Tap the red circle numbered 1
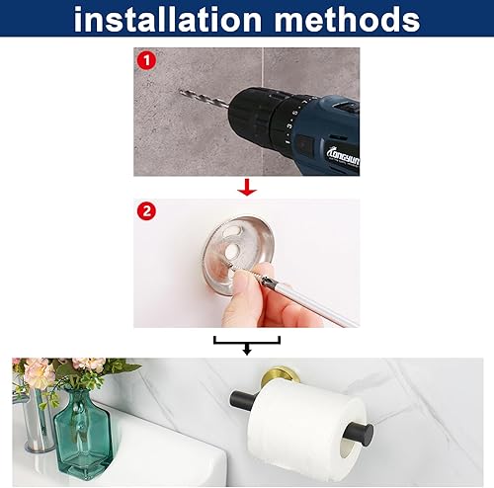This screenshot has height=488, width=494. pos(146,60)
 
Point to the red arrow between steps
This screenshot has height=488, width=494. pos(248,187)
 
